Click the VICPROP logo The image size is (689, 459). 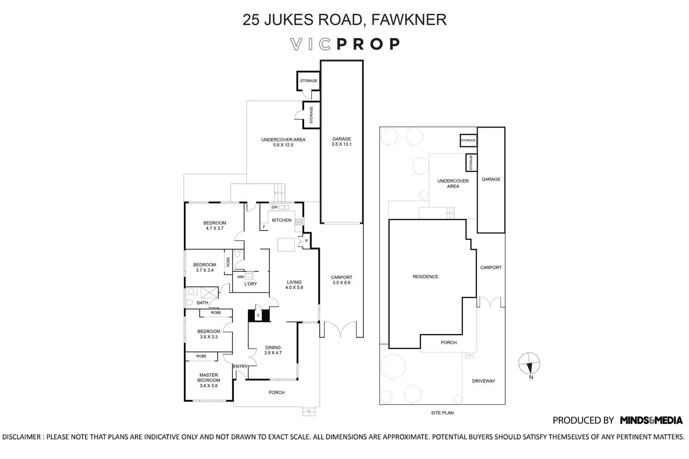click(345, 44)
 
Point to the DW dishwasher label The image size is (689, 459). click(274, 207)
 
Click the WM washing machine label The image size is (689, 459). click(240, 277)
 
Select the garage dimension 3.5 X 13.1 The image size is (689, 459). click(341, 145)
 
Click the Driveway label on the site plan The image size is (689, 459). click(483, 381)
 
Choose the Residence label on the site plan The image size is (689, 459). click(425, 277)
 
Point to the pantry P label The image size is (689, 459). click(306, 241)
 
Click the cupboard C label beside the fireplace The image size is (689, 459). click(258, 315)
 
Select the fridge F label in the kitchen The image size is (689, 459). click(264, 227)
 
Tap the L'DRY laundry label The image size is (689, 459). click(250, 284)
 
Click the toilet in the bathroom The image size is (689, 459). click(189, 302)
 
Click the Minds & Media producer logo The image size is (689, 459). click(651, 420)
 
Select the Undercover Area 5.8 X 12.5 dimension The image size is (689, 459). click(283, 145)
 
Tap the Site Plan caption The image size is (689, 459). click(442, 413)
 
